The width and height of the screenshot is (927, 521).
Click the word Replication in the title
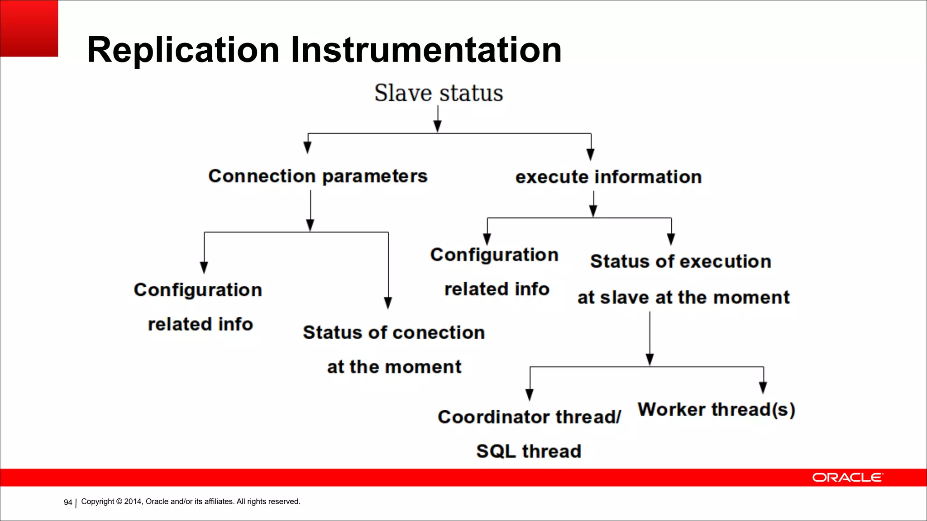coord(183,50)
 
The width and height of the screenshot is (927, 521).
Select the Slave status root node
coord(438,93)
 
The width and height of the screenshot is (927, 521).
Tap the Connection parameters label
coord(317,176)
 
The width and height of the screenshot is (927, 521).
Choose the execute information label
coord(608,177)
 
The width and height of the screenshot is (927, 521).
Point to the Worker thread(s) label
coord(716,410)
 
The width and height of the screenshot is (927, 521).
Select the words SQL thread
coord(528,451)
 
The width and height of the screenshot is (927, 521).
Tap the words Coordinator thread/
coord(529,417)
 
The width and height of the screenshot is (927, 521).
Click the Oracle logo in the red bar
coord(847,478)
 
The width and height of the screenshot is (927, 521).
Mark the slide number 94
coord(68,502)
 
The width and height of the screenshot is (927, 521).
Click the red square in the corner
coord(29,28)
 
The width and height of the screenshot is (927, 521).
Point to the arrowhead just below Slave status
coord(438,126)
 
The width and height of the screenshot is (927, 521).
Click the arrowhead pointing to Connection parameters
coord(307,147)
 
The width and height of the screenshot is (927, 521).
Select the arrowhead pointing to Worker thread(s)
coord(763,388)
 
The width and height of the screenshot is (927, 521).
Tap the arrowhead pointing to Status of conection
coord(388,303)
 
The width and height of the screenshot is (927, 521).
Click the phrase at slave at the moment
coord(683,298)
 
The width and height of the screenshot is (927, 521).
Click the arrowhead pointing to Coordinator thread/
coord(530,395)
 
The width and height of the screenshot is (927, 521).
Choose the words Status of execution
coord(680,261)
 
